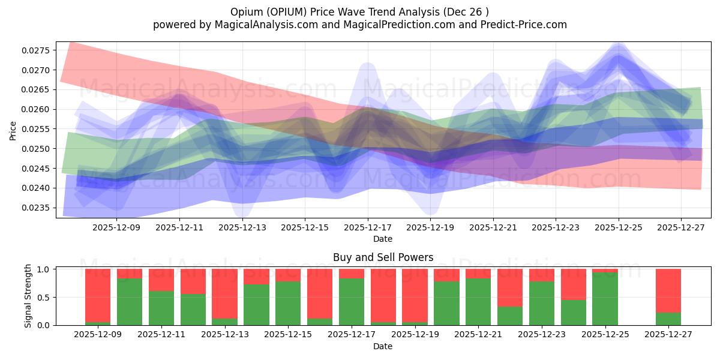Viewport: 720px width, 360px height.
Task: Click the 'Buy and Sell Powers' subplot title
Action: pyautogui.click(x=383, y=258)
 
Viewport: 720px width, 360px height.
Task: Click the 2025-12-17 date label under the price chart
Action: pyautogui.click(x=367, y=228)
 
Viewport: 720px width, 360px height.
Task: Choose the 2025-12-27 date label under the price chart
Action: pyautogui.click(x=680, y=228)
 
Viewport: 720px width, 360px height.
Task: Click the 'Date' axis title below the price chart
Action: pyautogui.click(x=383, y=239)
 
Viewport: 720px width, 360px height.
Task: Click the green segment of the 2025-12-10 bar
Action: pyautogui.click(x=130, y=302)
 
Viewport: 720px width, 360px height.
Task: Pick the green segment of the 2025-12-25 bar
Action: pyautogui.click(x=605, y=299)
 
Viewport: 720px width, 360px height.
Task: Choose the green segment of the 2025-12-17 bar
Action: pyautogui.click(x=351, y=302)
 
